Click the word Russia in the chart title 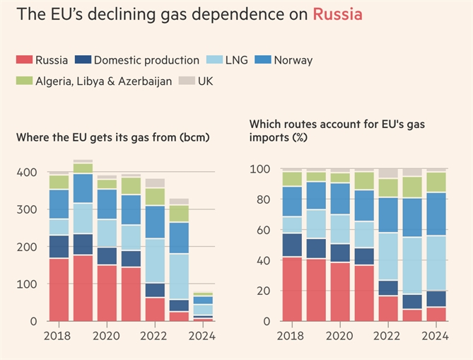point(337,14)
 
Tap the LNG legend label point(235,60)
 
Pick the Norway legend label point(293,60)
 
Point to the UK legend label point(205,81)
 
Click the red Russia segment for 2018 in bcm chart point(59,290)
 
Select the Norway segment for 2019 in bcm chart point(83,188)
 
